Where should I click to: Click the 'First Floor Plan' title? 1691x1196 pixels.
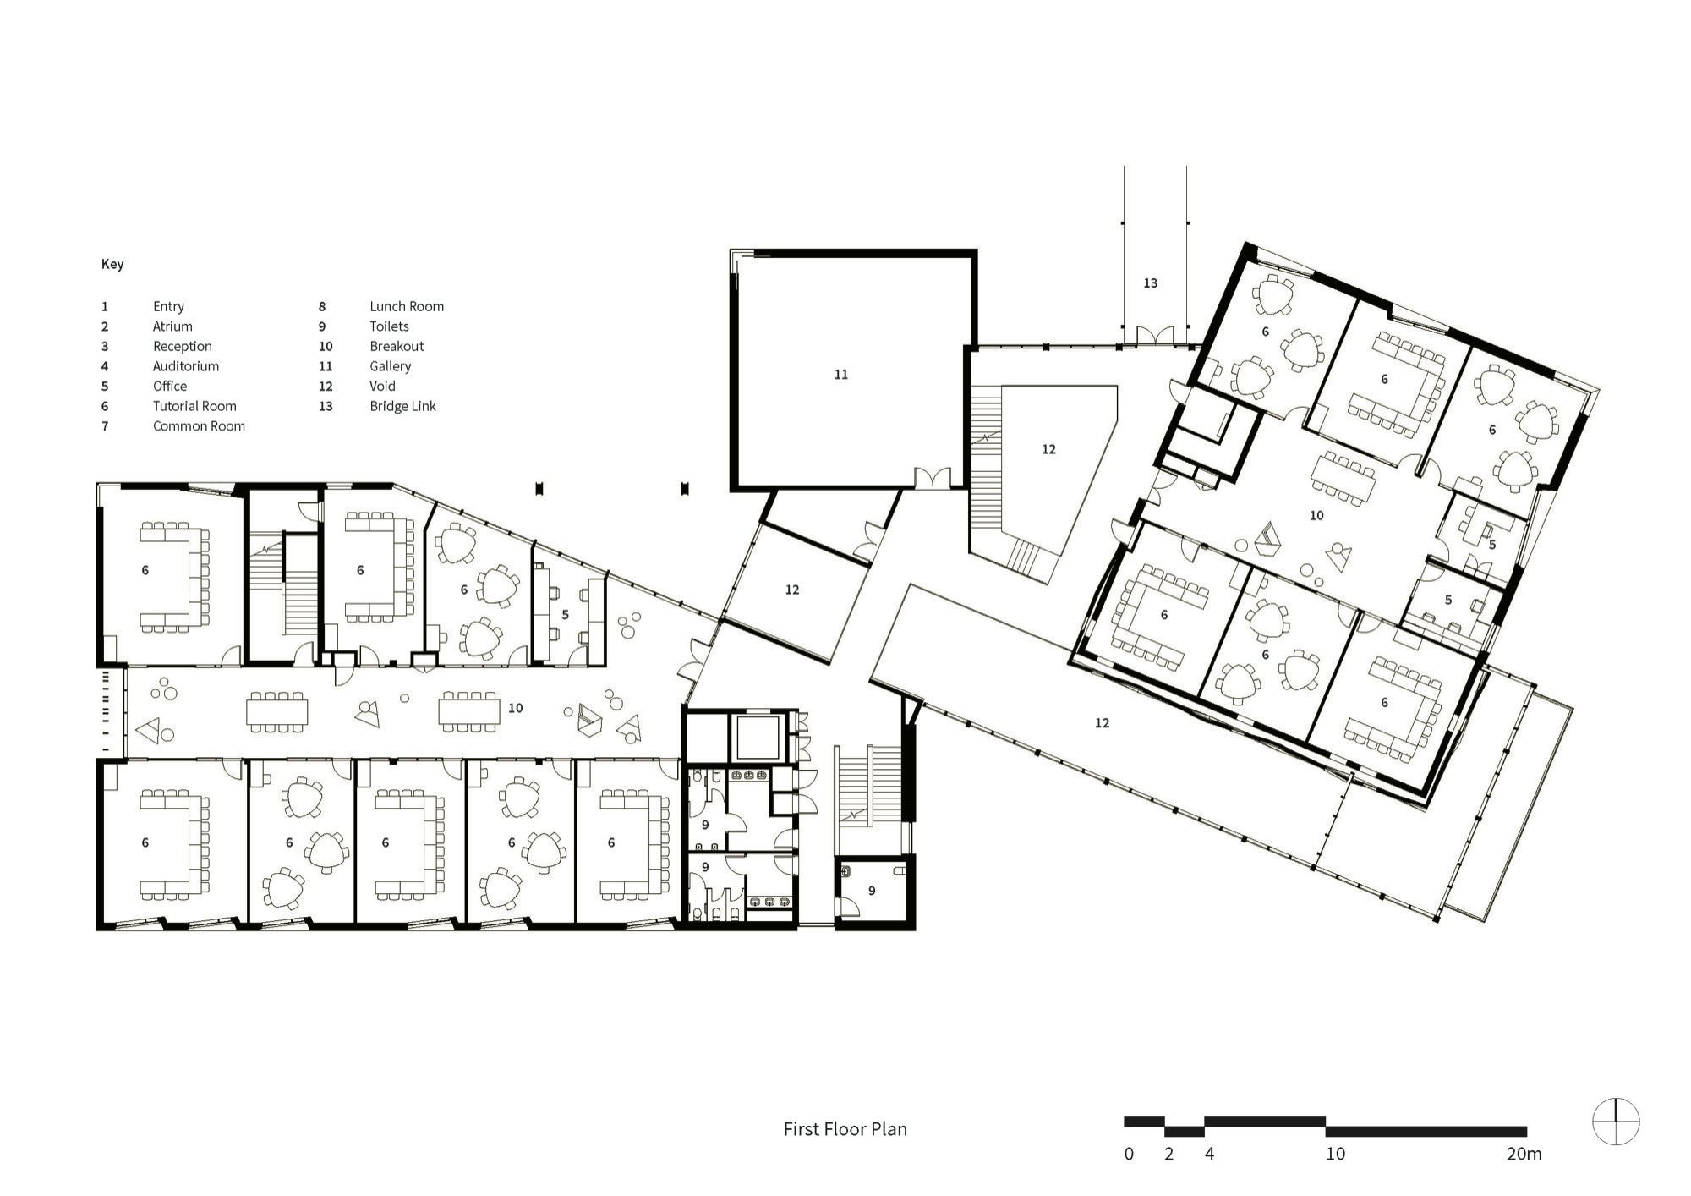click(845, 1129)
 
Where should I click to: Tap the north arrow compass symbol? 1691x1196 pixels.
click(1616, 1122)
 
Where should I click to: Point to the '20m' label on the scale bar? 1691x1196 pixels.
click(1524, 1154)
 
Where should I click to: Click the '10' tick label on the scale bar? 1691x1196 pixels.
click(1335, 1154)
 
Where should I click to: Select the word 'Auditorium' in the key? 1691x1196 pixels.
click(186, 366)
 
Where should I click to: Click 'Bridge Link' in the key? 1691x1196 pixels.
click(402, 406)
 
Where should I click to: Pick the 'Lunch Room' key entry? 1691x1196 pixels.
click(407, 306)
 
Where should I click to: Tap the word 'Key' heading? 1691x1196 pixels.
click(112, 264)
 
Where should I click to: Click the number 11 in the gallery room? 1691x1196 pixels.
click(840, 374)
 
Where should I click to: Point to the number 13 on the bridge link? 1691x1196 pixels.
click(1150, 283)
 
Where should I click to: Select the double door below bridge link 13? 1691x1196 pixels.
click(1154, 336)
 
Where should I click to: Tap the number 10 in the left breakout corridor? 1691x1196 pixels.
click(515, 708)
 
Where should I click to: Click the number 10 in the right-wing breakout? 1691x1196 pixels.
click(1316, 515)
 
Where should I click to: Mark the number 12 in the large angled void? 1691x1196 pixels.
click(1102, 722)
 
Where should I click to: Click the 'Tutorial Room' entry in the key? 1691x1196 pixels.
click(194, 406)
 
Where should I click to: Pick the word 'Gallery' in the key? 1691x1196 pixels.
click(390, 366)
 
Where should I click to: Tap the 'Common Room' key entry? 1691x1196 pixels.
click(199, 426)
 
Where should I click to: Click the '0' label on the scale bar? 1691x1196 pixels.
click(1129, 1154)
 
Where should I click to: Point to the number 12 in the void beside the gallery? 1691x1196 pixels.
click(1048, 449)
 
